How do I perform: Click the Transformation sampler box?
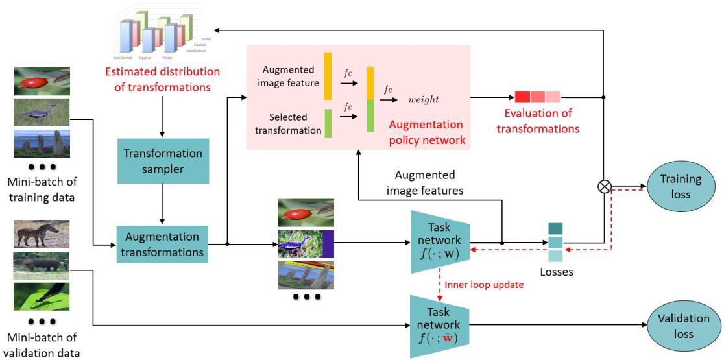point(163,162)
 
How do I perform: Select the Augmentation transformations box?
point(162,243)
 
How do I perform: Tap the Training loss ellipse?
point(681,186)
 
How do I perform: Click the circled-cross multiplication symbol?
point(605,187)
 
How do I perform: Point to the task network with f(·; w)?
point(444,241)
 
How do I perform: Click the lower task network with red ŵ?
point(444,326)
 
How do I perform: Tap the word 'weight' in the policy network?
point(424,99)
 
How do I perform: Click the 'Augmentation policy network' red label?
point(426,132)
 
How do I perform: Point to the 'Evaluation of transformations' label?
point(538,121)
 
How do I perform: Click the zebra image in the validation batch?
point(42,234)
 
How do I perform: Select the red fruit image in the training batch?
point(42,81)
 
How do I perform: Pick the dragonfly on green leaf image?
point(42,296)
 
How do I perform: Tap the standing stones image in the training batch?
point(42,143)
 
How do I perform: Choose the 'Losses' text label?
point(557,272)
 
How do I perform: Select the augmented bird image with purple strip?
point(306,244)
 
